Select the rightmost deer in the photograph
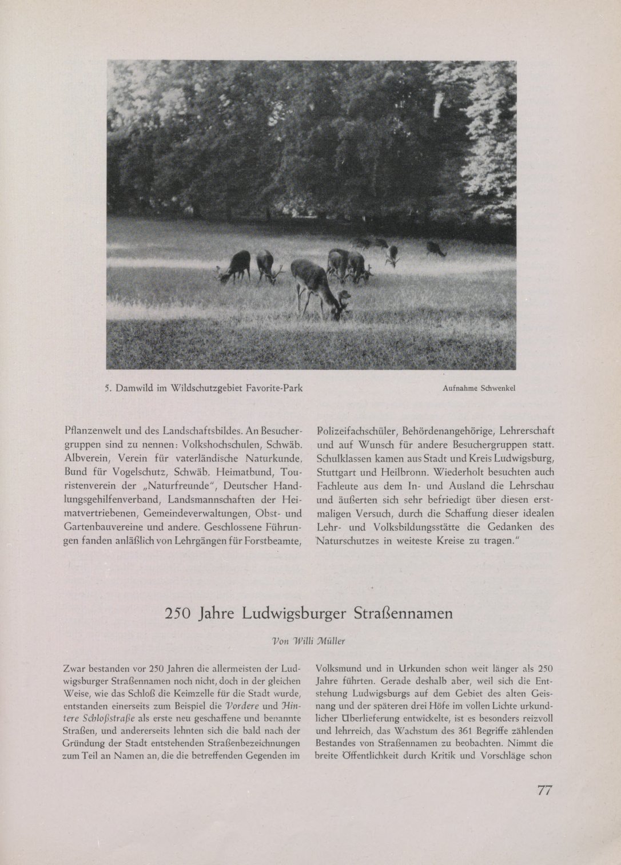436,249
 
